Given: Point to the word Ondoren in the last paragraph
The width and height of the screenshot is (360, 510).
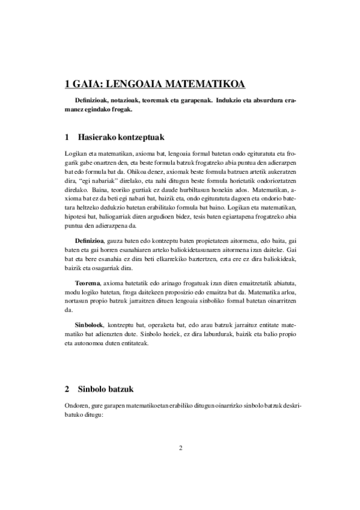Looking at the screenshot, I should point(78,406).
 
